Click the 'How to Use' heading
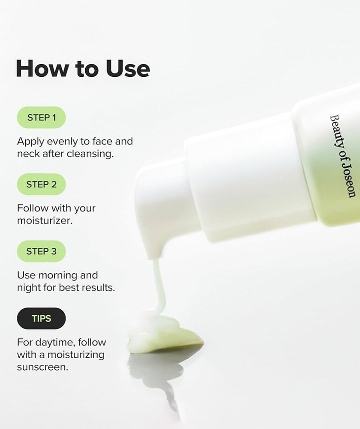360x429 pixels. (83, 68)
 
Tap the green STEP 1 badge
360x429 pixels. (41, 118)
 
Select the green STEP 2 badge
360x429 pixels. (41, 184)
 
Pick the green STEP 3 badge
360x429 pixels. (41, 251)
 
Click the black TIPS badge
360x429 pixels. (41, 318)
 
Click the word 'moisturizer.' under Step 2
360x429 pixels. (45, 221)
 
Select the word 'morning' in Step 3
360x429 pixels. (58, 276)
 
